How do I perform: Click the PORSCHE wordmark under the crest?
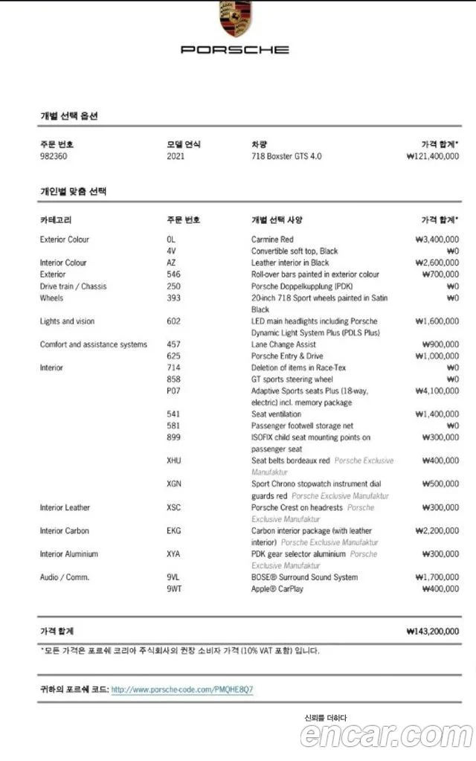coord(235,50)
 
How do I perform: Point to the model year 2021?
coord(176,156)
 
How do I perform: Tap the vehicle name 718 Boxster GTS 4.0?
coord(286,156)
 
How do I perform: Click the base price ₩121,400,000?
coord(433,156)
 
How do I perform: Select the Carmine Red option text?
coord(272,240)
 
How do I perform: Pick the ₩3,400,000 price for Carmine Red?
coord(437,240)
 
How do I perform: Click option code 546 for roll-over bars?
coord(173,274)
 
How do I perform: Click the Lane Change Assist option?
coord(283,344)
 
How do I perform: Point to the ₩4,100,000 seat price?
coord(437,391)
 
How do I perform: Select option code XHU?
coord(175,460)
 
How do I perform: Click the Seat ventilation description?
coord(276,414)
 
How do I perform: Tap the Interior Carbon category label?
coord(65,530)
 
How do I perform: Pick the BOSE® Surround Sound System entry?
coord(304,577)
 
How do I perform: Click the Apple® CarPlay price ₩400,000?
coord(440,589)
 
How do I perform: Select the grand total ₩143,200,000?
coord(433,632)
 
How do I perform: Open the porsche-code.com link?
coord(181,690)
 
